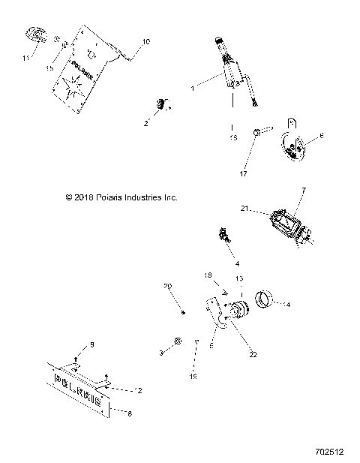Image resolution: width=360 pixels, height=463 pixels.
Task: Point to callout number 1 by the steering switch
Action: tap(192, 89)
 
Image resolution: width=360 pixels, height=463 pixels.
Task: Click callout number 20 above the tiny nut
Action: tap(168, 287)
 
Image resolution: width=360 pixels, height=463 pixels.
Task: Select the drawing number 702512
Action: tap(329, 452)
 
